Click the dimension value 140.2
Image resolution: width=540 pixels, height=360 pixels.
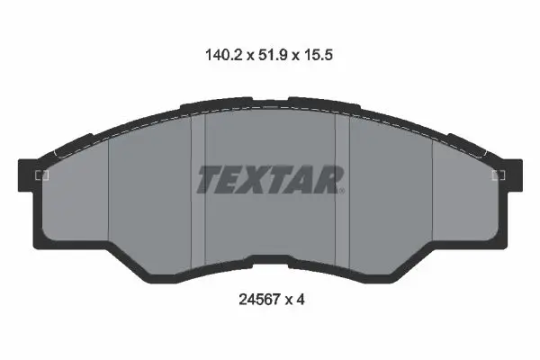224,55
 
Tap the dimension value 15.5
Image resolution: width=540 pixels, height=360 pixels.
318,55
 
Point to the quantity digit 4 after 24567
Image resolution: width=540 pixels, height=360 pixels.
300,300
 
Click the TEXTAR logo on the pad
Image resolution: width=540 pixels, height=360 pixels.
270,179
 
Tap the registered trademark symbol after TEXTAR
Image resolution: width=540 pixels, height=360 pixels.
341,190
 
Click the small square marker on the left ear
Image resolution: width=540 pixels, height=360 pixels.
42,175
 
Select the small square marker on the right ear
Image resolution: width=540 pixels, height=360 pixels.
498,175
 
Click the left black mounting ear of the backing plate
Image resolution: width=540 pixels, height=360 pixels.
27,175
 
